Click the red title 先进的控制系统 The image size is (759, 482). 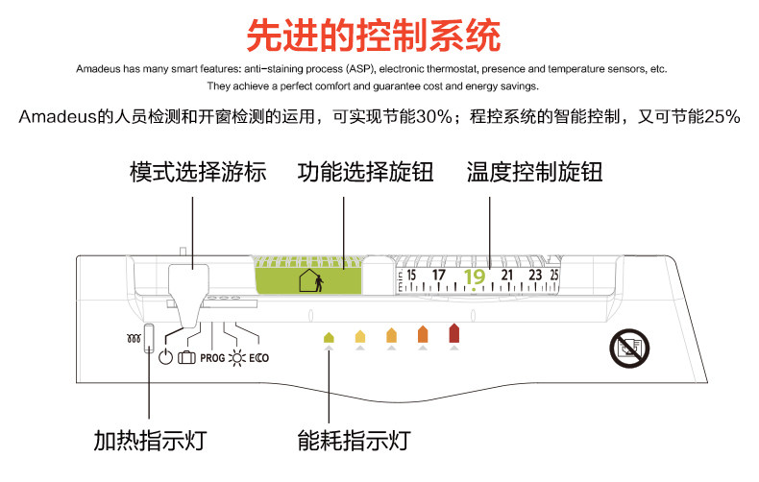click(373, 36)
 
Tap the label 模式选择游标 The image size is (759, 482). click(198, 172)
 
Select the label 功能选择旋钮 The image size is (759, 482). click(365, 172)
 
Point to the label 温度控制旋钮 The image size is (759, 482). click(535, 172)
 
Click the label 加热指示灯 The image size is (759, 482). click(150, 441)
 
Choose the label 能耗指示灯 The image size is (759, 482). click(354, 441)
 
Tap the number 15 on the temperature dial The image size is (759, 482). click(411, 276)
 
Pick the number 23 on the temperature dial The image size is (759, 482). click(535, 276)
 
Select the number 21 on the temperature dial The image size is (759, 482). click(507, 276)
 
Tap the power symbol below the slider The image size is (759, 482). click(165, 357)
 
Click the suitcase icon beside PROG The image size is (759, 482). click(186, 357)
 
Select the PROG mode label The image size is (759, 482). click(212, 358)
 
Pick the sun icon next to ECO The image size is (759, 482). click(237, 358)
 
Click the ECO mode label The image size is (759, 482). click(259, 358)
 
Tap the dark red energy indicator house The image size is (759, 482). click(454, 333)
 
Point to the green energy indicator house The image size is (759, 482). click(329, 337)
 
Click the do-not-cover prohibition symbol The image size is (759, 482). click(629, 348)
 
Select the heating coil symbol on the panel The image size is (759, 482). click(134, 338)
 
